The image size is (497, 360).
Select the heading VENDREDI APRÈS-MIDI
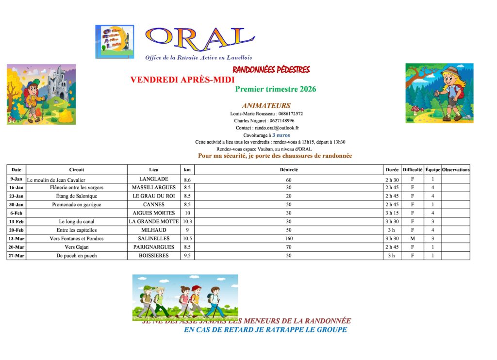[182, 80]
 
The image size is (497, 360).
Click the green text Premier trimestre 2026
[275, 89]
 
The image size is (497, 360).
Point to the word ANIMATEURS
[266, 105]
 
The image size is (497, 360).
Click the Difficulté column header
[413, 170]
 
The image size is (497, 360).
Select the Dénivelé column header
[289, 170]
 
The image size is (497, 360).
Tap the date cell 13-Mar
[17, 239]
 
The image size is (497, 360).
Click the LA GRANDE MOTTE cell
[154, 222]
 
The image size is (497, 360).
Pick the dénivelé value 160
[289, 239]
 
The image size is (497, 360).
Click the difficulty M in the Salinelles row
[413, 239]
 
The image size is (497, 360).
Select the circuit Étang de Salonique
[77, 196]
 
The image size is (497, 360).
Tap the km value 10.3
[187, 222]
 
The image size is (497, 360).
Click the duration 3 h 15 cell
[392, 213]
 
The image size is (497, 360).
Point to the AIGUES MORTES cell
[154, 213]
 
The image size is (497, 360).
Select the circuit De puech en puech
[77, 256]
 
